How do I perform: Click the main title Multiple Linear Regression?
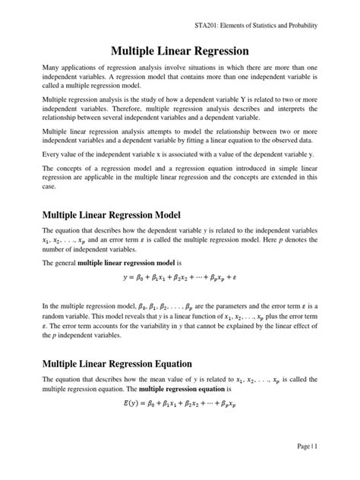point(180,52)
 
